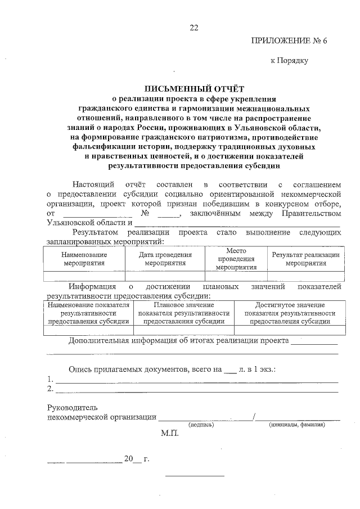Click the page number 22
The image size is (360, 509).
(x=194, y=28)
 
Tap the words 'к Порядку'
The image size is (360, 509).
(x=290, y=61)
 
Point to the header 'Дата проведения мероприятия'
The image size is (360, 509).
(x=165, y=259)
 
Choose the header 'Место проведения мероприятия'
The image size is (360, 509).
(x=236, y=259)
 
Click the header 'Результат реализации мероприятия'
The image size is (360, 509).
(x=305, y=259)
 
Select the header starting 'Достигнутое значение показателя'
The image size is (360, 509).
(x=290, y=313)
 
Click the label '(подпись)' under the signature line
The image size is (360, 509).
(x=201, y=425)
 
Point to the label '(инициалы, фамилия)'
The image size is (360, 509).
(x=297, y=425)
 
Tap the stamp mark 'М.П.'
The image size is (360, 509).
(x=169, y=434)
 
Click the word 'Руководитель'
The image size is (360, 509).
(x=73, y=407)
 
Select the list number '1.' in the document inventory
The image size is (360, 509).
(x=51, y=379)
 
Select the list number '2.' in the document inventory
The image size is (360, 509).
(x=51, y=389)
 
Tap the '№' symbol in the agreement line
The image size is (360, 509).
(x=145, y=214)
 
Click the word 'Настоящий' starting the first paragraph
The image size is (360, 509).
(x=94, y=184)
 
